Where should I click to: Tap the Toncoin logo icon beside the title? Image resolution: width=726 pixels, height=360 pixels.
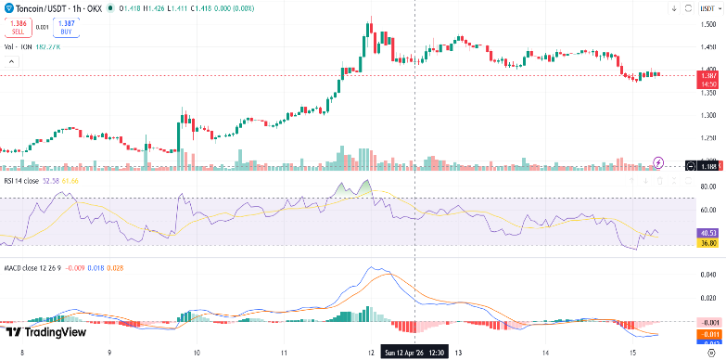pos(9,8)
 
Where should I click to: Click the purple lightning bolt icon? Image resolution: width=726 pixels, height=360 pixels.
pos(659,162)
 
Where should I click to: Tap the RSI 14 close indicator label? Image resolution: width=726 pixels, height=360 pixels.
pos(21,181)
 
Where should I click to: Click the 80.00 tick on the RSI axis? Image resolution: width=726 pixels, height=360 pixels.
pos(709,186)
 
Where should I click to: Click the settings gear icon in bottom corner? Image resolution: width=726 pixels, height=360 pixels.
pos(711,353)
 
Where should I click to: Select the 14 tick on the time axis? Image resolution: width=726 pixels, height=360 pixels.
pos(545,353)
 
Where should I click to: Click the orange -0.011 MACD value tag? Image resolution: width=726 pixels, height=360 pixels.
pos(709,333)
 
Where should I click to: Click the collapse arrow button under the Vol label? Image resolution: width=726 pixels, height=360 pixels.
pos(11,61)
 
